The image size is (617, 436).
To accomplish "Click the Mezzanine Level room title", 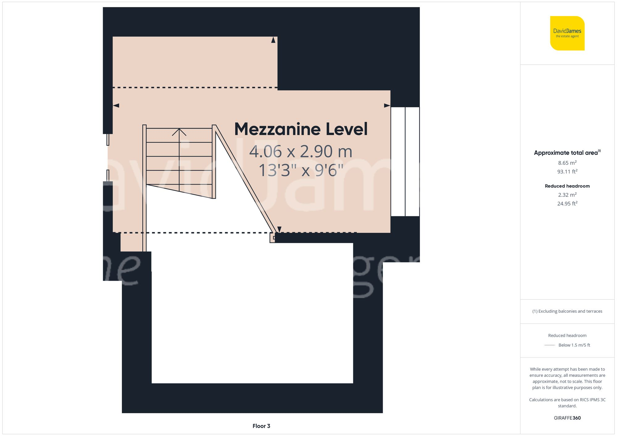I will point(301,129).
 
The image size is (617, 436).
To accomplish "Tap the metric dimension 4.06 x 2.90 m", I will point(301,152).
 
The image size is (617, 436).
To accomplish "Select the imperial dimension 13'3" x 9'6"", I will point(301,170).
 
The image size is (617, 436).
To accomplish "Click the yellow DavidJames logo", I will point(567,33).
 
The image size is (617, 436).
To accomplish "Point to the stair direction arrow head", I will point(179,132).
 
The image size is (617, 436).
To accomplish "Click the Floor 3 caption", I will point(261,426).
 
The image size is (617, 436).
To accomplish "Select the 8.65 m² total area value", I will point(567,163).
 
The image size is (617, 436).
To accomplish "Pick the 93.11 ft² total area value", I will point(567,171).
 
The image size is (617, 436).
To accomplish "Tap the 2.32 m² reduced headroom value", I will point(567,195).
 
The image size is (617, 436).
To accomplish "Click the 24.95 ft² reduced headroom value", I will point(567,203).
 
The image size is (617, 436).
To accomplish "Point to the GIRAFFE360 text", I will point(567,418).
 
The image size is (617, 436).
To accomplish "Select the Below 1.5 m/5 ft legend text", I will point(574,345).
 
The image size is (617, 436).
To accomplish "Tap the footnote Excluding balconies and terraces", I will point(567,311).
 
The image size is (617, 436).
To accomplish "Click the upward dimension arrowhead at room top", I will point(273,40).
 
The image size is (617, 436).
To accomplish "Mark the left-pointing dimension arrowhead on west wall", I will point(116,105).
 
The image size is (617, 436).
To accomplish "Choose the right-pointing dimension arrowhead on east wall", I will point(387,105).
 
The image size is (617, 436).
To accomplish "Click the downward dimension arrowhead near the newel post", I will point(279,229).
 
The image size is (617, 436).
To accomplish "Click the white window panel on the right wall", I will point(405,161).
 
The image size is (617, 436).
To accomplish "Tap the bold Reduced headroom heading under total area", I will point(567,186).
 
